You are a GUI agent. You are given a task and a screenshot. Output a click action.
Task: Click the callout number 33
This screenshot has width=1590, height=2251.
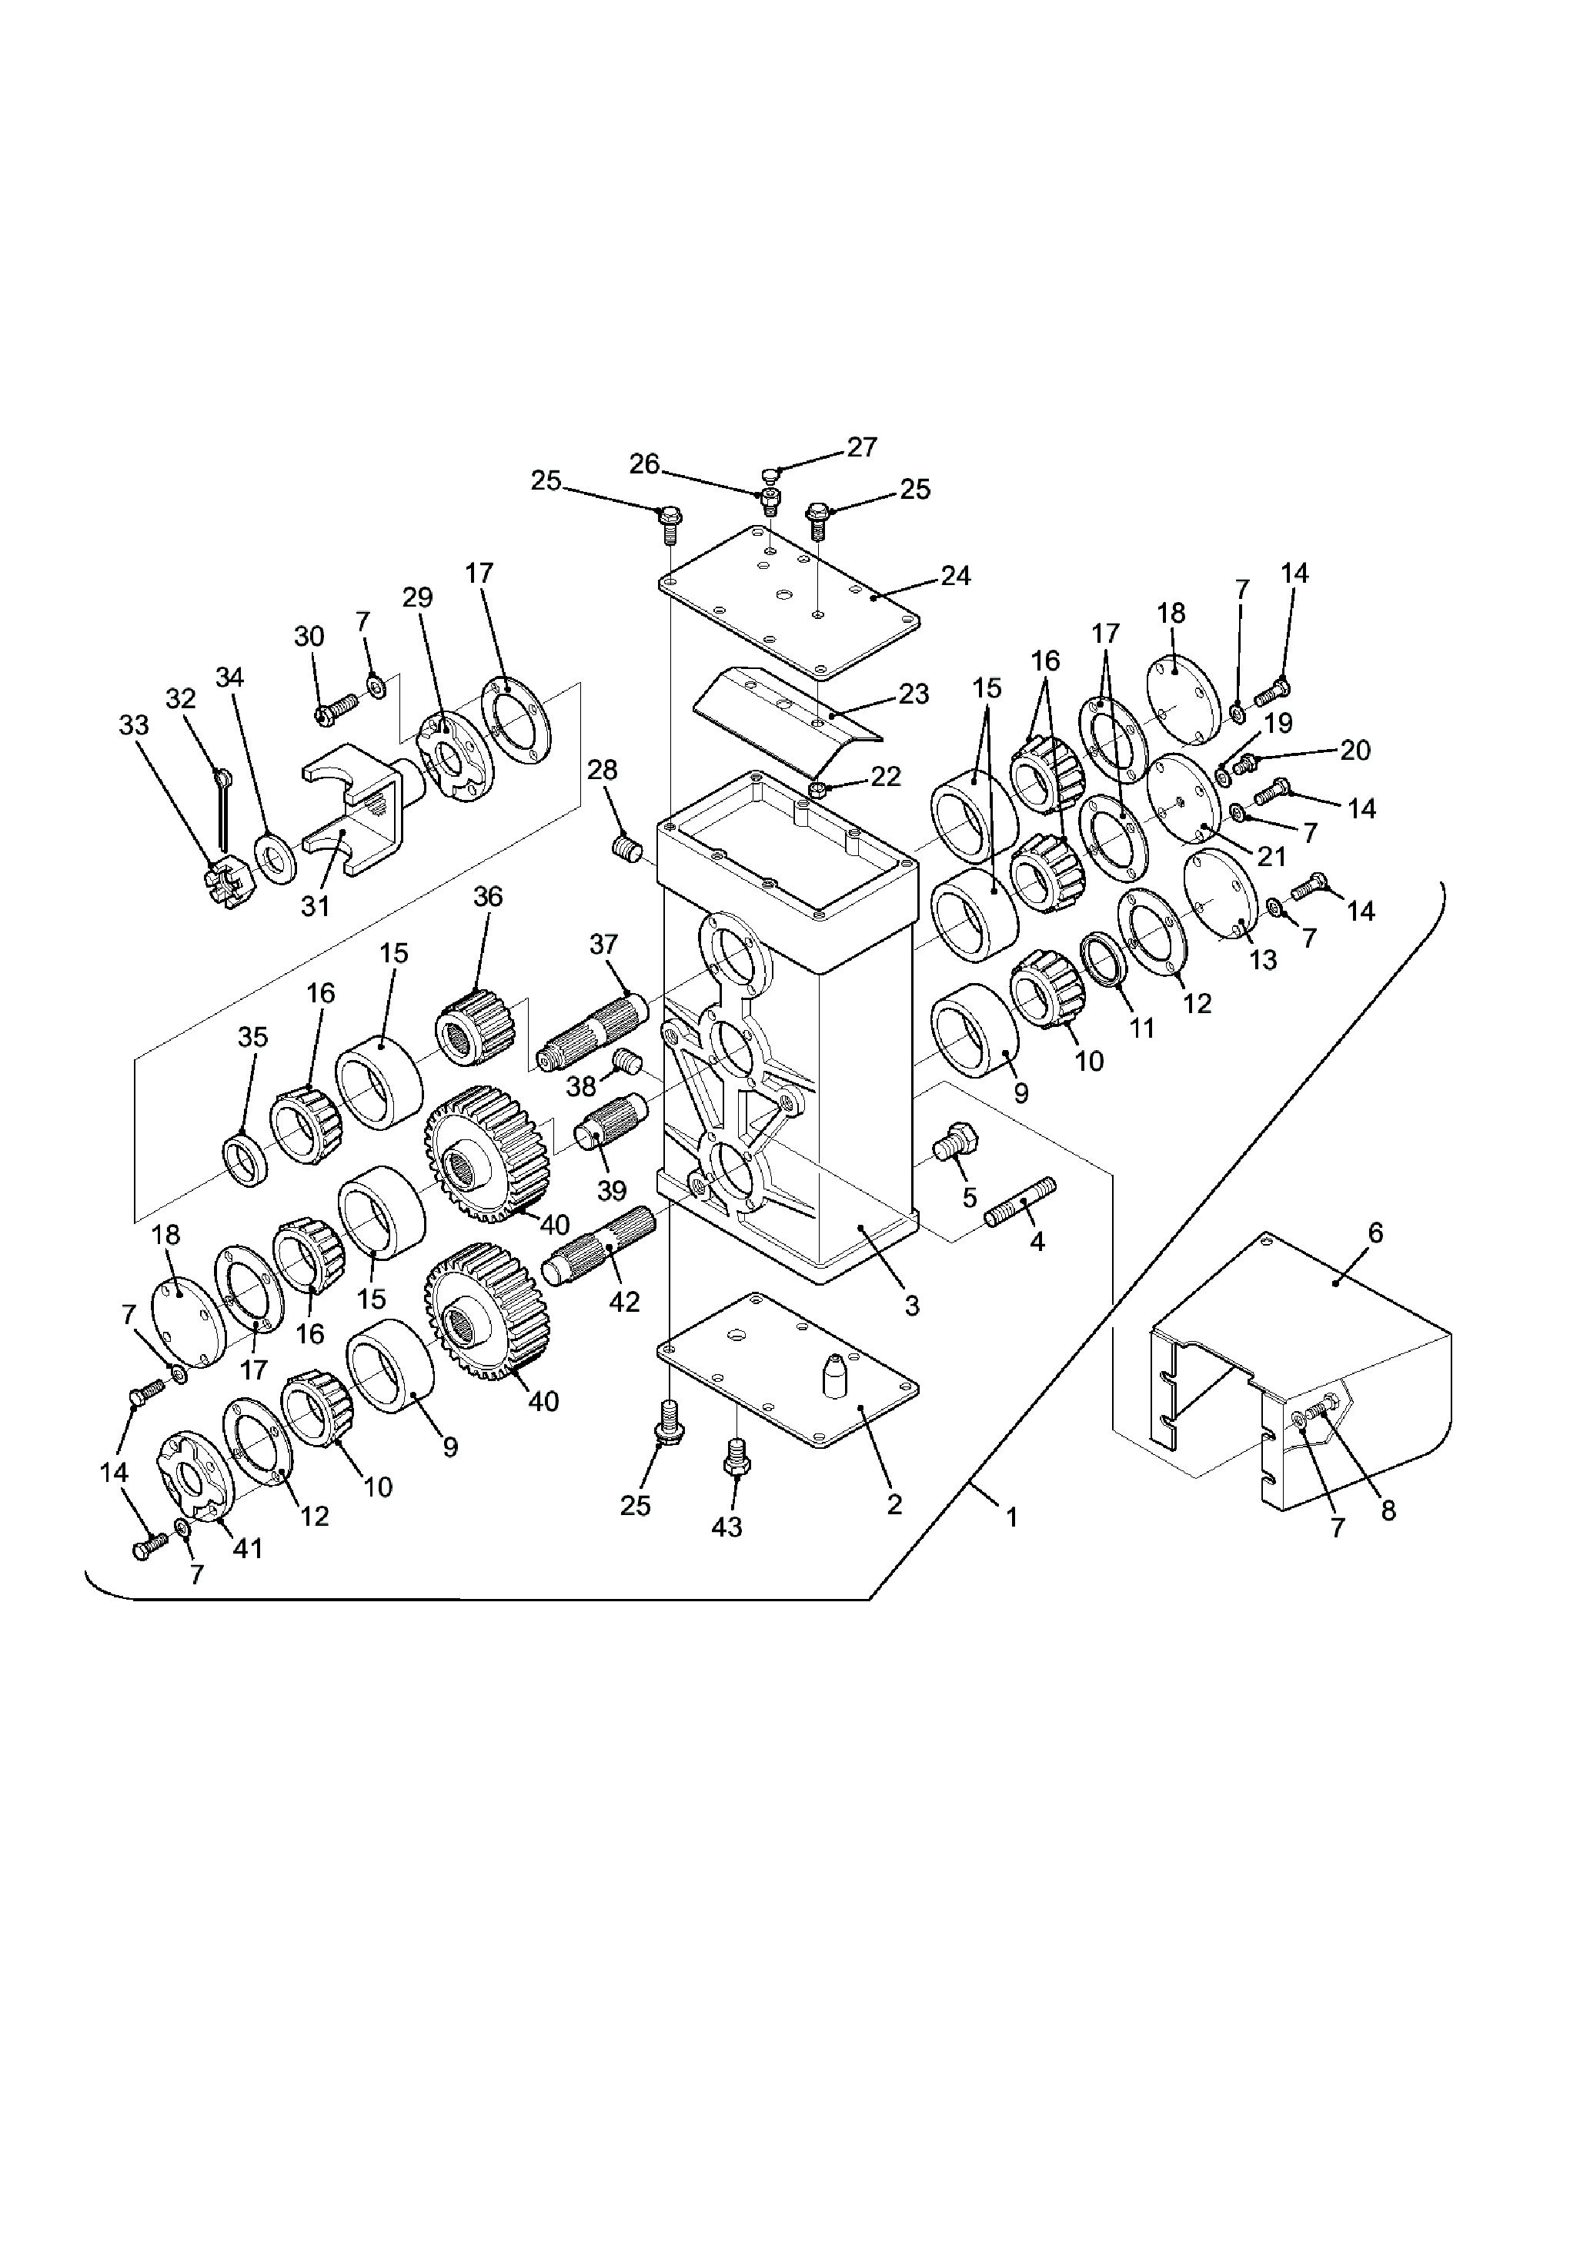(x=135, y=725)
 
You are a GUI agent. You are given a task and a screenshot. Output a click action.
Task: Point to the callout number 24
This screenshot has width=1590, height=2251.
(x=956, y=576)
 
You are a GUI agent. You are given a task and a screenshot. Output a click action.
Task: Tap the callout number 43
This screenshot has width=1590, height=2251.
(x=727, y=1527)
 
